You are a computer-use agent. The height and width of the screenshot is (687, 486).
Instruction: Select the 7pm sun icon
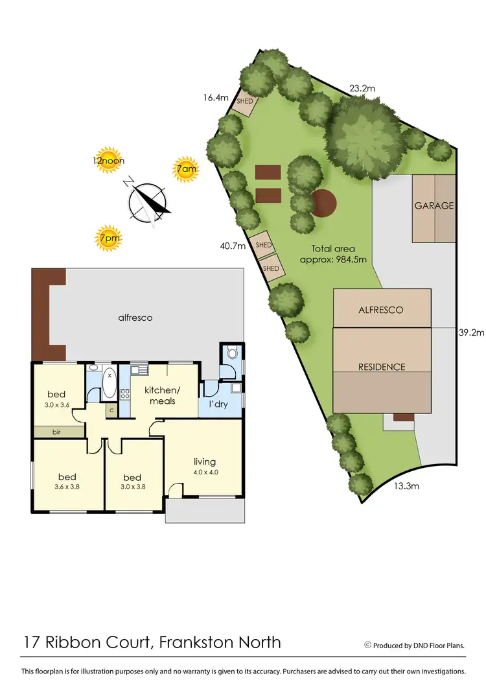click(108, 238)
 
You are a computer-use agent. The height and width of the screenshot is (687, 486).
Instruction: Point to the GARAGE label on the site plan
click(434, 206)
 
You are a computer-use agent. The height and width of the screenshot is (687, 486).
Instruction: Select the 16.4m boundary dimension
click(216, 98)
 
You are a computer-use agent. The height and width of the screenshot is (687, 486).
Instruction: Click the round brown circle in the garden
click(324, 203)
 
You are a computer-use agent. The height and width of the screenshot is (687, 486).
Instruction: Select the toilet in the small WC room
click(231, 355)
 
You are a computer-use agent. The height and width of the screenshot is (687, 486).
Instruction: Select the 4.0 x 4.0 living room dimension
click(204, 472)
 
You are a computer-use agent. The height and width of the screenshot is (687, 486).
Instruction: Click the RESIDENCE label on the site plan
click(382, 367)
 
